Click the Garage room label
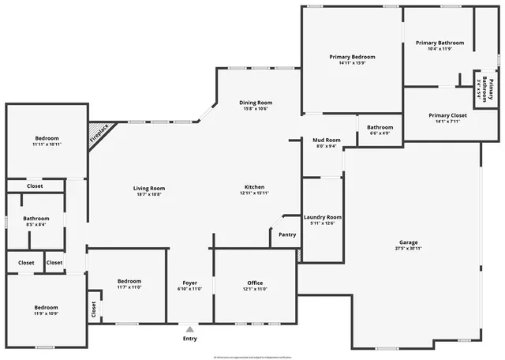(x=408, y=242)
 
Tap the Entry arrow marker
(x=189, y=329)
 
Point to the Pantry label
(x=287, y=234)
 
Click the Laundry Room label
(x=323, y=217)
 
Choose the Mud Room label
(x=327, y=140)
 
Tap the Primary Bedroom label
(x=352, y=57)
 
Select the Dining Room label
(x=256, y=103)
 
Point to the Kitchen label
(x=253, y=187)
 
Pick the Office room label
(x=255, y=283)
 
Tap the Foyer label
(x=190, y=283)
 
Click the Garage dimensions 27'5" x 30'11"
(x=408, y=249)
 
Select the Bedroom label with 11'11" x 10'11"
(x=47, y=139)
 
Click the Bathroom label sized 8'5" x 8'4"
(x=36, y=219)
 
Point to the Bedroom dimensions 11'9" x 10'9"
(x=46, y=313)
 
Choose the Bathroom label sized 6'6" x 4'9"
(x=380, y=127)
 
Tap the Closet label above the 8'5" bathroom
(x=34, y=186)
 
